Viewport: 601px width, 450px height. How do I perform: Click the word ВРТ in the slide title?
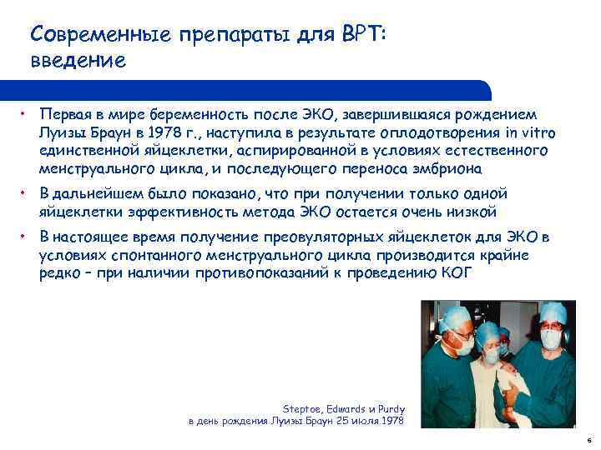(361, 34)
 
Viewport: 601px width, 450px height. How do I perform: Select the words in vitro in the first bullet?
(530, 133)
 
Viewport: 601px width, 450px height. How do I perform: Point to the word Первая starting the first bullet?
(63, 114)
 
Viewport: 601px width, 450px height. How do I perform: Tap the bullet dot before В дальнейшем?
(26, 193)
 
